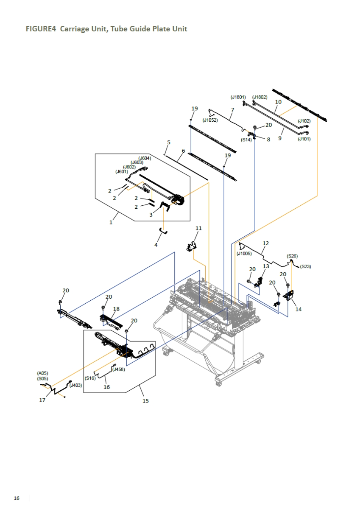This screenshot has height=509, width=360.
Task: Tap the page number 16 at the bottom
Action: [x=17, y=498]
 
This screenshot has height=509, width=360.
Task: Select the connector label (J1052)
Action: [x=210, y=120]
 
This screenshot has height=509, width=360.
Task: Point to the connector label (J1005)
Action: [x=244, y=254]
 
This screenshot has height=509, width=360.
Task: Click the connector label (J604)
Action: [x=145, y=158]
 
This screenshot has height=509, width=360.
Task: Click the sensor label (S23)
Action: [x=305, y=266]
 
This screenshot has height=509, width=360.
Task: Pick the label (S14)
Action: [x=246, y=140]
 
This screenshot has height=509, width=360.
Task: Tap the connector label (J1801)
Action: [x=238, y=97]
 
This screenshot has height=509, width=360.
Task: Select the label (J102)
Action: [x=304, y=121]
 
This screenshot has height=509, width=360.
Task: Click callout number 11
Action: [x=198, y=228]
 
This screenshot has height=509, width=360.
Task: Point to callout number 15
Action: [x=145, y=401]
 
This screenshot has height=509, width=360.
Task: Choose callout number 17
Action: [x=42, y=400]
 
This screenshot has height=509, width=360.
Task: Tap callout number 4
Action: [x=156, y=245]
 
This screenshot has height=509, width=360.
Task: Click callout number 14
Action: [x=299, y=309]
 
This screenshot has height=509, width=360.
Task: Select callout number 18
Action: [x=117, y=309]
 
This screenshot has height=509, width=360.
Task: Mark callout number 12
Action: [x=266, y=243]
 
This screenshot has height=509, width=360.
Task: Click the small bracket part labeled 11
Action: [x=193, y=246]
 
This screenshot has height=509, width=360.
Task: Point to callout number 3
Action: [x=151, y=215]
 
